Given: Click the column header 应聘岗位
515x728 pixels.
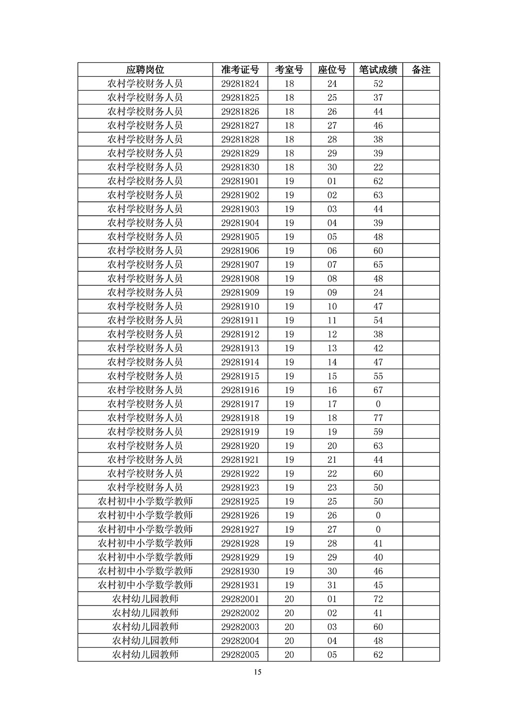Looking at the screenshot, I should [145, 70].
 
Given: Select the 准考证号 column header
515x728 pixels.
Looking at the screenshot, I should [240, 70].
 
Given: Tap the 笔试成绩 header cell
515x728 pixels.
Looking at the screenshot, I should [378, 70].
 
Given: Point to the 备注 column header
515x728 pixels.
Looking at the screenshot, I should [421, 70].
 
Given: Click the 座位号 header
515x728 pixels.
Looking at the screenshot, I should [332, 70].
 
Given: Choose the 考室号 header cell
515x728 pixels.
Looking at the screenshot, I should [289, 70].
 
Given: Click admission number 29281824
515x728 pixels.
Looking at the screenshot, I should [240, 84].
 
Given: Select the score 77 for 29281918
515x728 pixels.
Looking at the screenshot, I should [378, 418].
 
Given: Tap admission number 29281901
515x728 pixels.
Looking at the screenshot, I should [240, 181].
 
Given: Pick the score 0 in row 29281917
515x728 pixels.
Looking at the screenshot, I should [378, 404].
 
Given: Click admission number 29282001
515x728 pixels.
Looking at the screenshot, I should [240, 599].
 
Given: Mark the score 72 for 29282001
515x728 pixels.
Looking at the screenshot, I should [378, 599].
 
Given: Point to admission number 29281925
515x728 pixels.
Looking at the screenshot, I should [240, 501].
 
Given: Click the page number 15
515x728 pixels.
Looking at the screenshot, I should [257, 672].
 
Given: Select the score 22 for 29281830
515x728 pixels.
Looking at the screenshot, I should [378, 167].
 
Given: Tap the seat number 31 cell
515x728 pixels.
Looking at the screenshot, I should [332, 585].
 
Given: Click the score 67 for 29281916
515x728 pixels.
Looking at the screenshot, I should [378, 390].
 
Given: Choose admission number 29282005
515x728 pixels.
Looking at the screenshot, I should [240, 655].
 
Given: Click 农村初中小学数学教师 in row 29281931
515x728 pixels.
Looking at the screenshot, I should [145, 585].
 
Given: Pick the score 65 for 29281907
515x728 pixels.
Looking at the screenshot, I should [378, 265].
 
